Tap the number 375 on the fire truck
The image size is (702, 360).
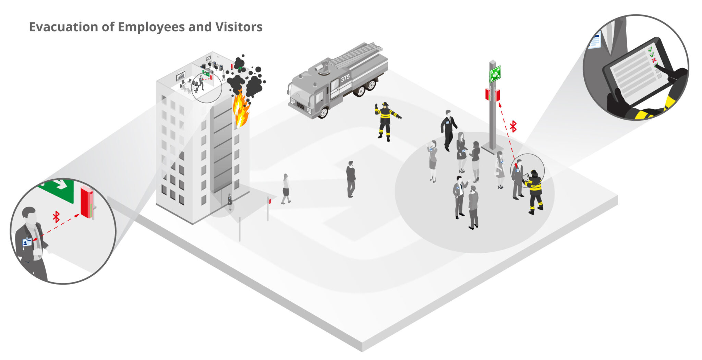point(345,78)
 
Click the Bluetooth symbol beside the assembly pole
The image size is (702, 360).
point(513,126)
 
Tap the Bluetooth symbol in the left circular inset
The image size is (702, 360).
point(56,217)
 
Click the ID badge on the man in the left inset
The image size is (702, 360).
point(27,242)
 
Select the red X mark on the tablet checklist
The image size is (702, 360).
point(653,60)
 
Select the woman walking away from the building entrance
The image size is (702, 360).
point(286,189)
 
